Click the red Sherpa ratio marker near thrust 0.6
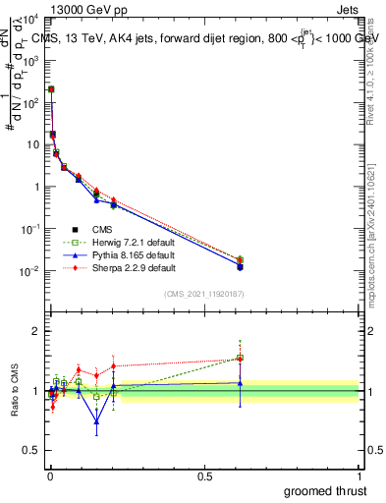pos(240,358)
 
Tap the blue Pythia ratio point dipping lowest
pos(96,422)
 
